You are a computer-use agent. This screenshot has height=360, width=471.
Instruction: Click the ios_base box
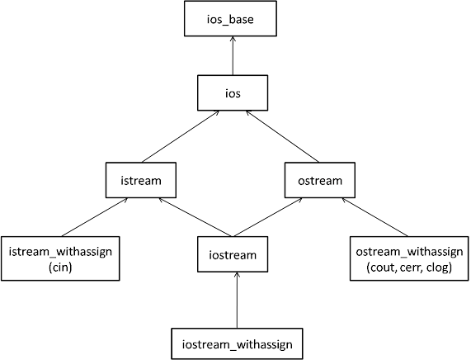(x=230, y=19)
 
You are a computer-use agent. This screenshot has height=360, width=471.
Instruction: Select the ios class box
(x=233, y=93)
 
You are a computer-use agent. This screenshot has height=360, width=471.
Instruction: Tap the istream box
(x=141, y=180)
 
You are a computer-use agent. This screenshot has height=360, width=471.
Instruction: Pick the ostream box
(x=320, y=180)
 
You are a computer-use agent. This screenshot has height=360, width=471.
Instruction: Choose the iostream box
(x=233, y=254)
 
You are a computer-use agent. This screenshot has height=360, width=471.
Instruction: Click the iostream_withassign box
(x=237, y=343)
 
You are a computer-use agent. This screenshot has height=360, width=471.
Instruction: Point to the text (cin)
(x=60, y=267)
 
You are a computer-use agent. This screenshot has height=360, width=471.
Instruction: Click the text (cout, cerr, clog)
(x=409, y=267)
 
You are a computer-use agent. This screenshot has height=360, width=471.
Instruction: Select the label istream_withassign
(x=60, y=252)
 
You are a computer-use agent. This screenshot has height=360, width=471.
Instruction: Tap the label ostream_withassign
(x=409, y=252)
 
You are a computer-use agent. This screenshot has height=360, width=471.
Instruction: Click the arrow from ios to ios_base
(x=233, y=55)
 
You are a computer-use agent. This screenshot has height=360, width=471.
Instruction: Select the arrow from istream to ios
(x=181, y=136)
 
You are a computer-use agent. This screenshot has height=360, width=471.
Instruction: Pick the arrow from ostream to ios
(x=282, y=136)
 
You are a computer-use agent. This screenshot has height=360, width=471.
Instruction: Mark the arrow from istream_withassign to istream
(x=95, y=217)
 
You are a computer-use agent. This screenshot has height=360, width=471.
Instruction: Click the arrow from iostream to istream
(x=195, y=217)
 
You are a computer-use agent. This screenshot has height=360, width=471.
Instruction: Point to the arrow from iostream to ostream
(x=268, y=217)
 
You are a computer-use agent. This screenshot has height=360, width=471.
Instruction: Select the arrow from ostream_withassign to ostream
(x=374, y=217)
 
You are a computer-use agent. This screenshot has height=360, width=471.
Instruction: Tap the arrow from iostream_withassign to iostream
(x=237, y=301)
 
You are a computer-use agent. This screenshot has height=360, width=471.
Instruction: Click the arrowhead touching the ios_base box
(x=233, y=39)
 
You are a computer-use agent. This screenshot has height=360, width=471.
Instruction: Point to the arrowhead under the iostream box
(x=237, y=275)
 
